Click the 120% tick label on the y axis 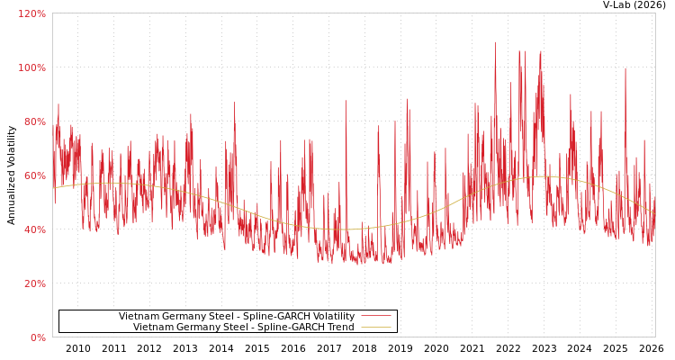tap(32, 13)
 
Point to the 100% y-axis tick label tap(32, 67)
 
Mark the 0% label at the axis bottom tap(39, 337)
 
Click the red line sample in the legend tap(375, 316)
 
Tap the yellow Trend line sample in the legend tap(375, 327)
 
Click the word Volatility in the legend tap(329, 316)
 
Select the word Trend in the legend tap(338, 327)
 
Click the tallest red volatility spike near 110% tap(495, 43)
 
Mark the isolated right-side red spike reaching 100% tap(625, 69)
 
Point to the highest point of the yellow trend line tap(540, 176)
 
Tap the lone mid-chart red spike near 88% tap(346, 102)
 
